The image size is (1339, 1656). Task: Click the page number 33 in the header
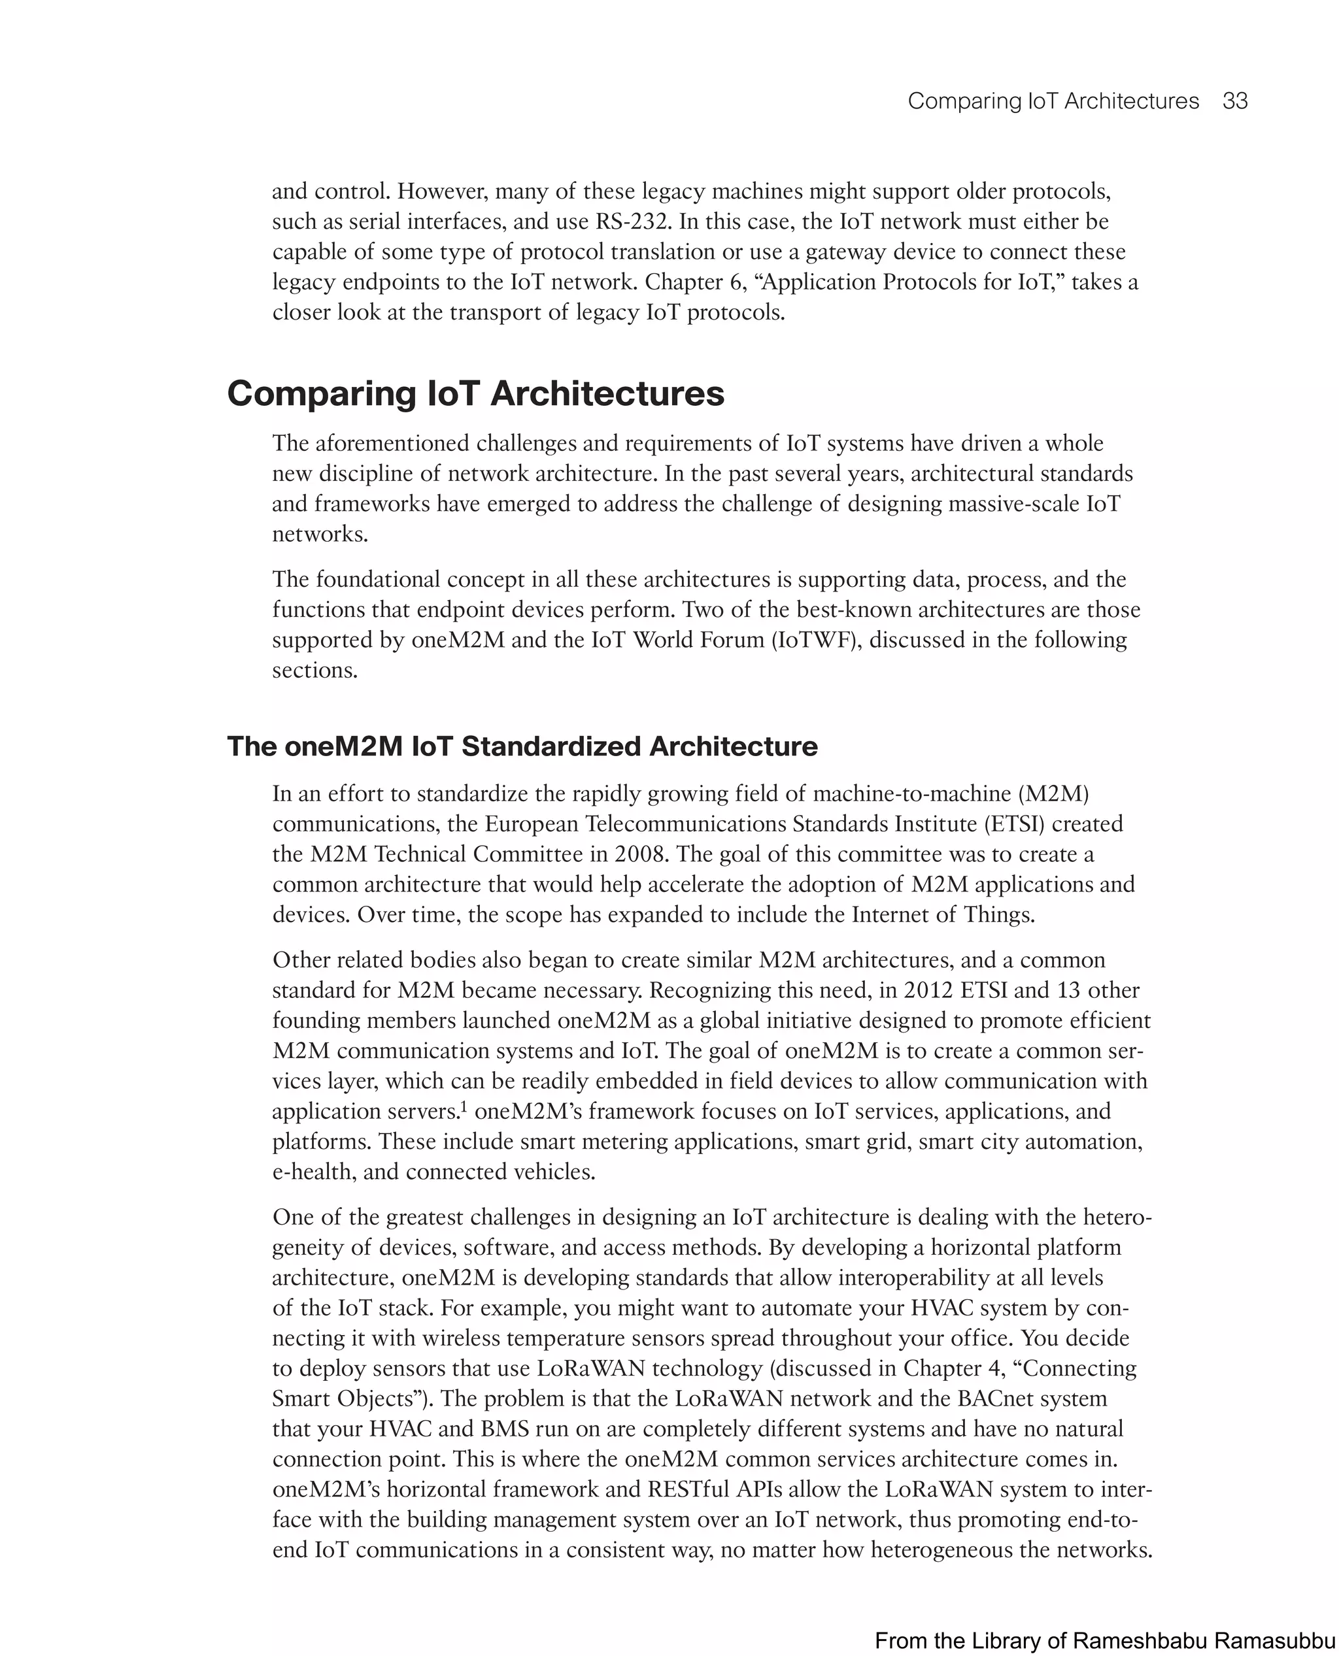(x=1235, y=101)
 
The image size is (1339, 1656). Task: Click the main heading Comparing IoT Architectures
(x=475, y=394)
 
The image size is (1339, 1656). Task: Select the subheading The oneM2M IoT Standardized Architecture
(x=522, y=746)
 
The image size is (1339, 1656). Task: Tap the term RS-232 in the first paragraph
(x=634, y=222)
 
